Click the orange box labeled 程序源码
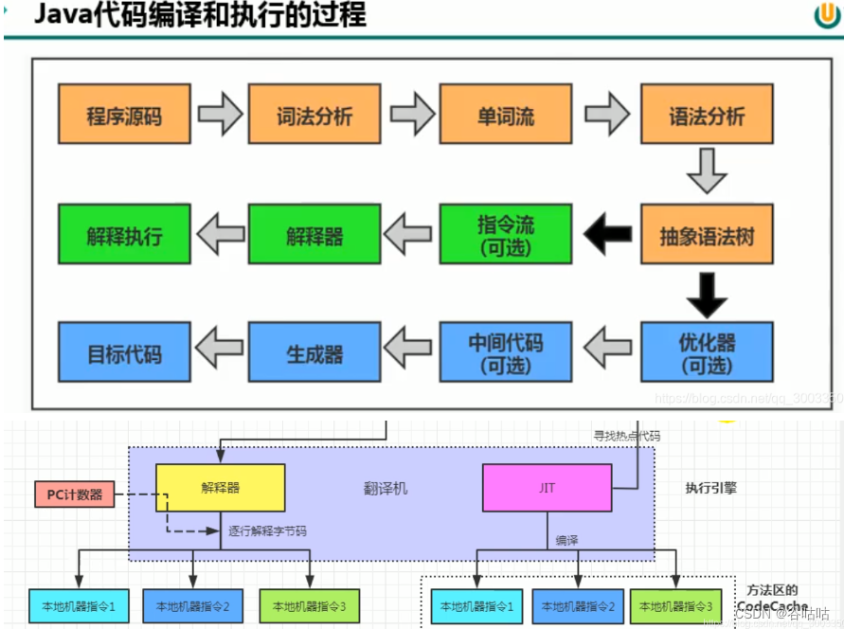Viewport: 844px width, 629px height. [x=124, y=115]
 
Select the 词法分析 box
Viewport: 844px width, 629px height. [x=314, y=115]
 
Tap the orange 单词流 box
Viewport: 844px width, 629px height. [x=506, y=115]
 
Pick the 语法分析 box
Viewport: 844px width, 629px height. [x=707, y=115]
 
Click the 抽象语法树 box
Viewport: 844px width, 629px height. [x=707, y=235]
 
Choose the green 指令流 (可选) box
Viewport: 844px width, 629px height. [x=506, y=235]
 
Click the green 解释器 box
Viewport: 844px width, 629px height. [x=314, y=235]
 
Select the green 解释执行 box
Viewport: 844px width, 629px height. [x=124, y=235]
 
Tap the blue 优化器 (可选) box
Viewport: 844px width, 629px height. [x=707, y=352]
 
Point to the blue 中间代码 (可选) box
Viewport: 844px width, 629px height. [x=506, y=352]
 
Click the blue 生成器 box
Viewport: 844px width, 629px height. [x=314, y=352]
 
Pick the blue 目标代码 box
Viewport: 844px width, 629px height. [x=124, y=352]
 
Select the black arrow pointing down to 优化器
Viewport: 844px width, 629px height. [x=707, y=294]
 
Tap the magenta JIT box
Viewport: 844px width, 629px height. [x=547, y=488]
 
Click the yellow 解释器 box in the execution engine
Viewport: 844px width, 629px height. [x=220, y=488]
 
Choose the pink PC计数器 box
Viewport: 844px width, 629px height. [x=74, y=494]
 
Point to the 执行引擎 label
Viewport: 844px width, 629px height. [x=710, y=489]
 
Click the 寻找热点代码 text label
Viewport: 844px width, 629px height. [x=626, y=437]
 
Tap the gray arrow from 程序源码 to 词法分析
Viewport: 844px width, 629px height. [x=220, y=115]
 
